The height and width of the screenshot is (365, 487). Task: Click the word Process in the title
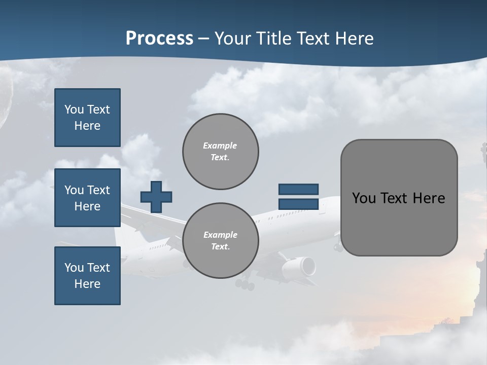(x=159, y=39)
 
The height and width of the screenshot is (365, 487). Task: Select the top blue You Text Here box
(x=87, y=118)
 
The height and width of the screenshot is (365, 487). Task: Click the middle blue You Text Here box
(x=87, y=198)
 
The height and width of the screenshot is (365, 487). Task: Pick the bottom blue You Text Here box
(x=87, y=276)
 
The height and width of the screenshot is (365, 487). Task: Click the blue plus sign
(x=156, y=197)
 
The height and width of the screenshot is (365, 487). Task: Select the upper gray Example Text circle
(x=220, y=152)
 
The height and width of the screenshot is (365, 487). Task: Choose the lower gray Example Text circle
(x=220, y=241)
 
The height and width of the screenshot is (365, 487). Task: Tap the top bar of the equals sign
(x=298, y=189)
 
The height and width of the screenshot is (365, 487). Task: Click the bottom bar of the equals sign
(x=298, y=204)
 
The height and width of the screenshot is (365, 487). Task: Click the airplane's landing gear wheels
(x=245, y=284)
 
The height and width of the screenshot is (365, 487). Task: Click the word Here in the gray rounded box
(x=429, y=198)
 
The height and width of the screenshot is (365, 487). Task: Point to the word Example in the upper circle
(x=220, y=145)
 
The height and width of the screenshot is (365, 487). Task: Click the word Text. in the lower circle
(x=220, y=247)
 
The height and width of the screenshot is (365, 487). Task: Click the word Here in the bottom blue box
(x=87, y=284)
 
